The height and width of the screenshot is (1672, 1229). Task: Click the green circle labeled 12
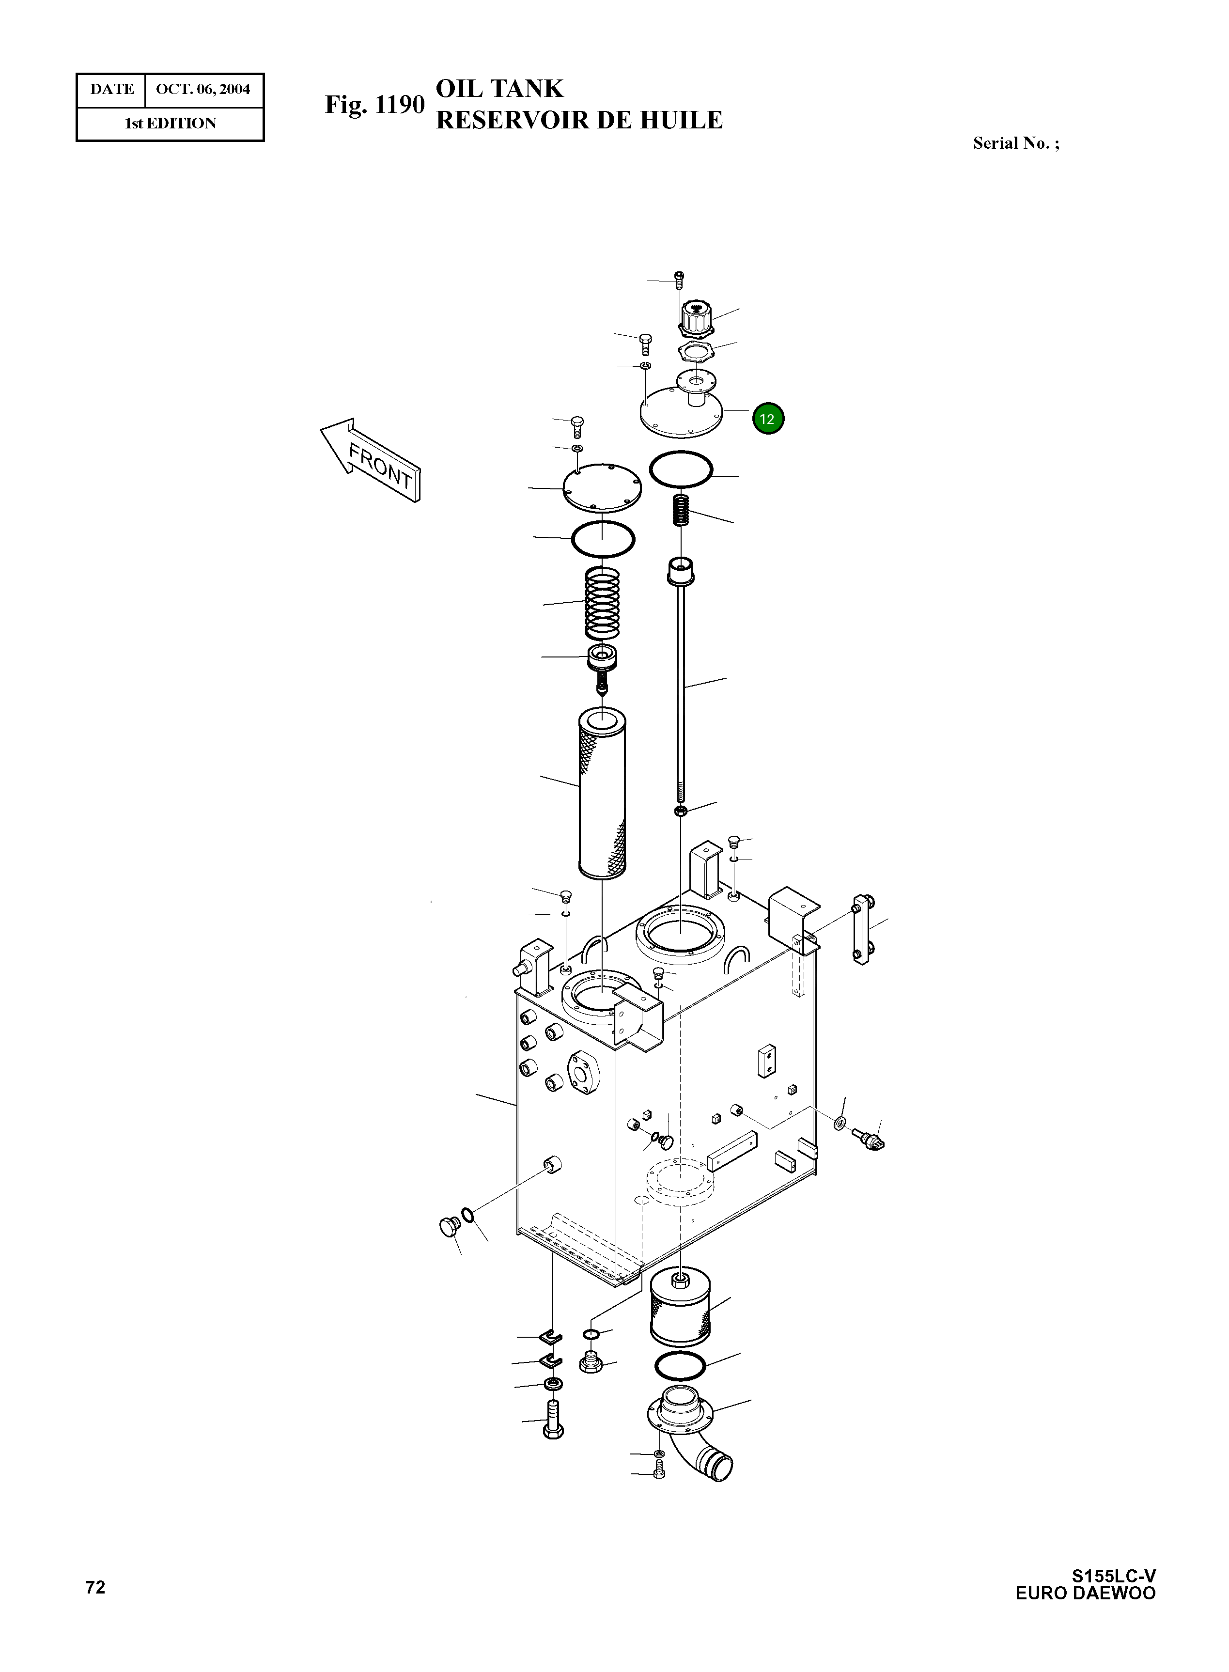point(768,419)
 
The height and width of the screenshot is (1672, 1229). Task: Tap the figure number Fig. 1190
point(374,105)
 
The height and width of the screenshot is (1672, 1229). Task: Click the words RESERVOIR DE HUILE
point(579,121)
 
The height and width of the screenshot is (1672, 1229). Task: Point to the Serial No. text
point(1015,143)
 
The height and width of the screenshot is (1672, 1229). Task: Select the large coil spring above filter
point(603,603)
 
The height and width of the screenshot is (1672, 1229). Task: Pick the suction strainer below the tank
point(680,1308)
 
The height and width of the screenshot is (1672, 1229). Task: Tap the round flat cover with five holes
point(601,487)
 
